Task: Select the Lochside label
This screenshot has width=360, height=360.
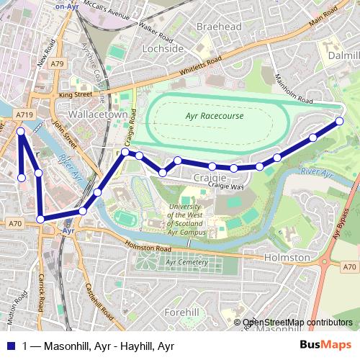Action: coord(163,48)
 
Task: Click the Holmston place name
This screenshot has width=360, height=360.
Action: coord(286,257)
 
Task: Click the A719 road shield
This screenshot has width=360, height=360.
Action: coord(24,114)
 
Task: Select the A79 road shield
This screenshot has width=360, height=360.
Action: coord(58,64)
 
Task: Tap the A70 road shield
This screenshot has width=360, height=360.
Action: coord(15,224)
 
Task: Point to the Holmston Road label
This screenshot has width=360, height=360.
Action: coord(148,248)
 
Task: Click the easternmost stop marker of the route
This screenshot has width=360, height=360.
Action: coord(340,121)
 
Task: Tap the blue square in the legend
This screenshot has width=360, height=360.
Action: coord(11,346)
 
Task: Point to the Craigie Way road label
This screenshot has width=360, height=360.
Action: coord(227,185)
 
